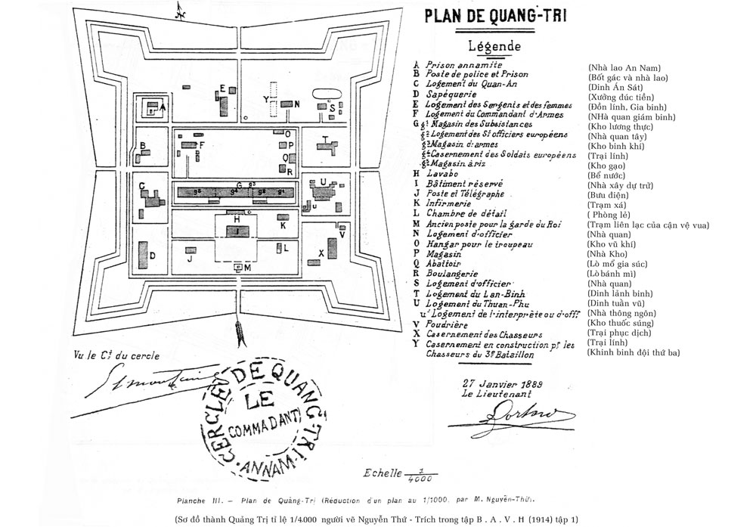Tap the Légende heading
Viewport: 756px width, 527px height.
tap(494, 46)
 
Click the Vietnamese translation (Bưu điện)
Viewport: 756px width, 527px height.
tap(609, 194)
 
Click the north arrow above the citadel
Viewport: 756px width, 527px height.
tap(180, 11)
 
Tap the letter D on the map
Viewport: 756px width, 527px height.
tap(152, 256)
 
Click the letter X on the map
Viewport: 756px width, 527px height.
tap(321, 253)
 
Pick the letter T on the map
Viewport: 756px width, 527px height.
tap(324, 139)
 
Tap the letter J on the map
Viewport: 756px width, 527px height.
tap(190, 259)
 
